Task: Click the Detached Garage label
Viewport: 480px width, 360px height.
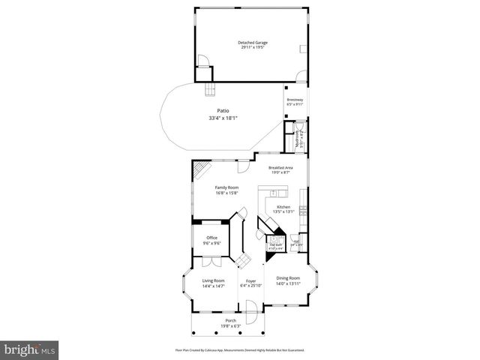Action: [x=252, y=43]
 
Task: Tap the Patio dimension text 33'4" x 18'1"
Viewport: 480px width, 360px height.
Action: [x=223, y=118]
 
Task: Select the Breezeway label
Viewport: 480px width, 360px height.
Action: [x=295, y=99]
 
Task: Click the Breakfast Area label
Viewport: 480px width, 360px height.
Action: [x=280, y=167]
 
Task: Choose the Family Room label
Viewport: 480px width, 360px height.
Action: [x=226, y=187]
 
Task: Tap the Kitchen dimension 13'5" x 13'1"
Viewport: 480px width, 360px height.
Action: [x=283, y=211]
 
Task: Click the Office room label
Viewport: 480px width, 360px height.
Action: [x=212, y=238]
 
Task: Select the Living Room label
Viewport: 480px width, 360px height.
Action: [x=214, y=280]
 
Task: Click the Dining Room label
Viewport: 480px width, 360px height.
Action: [x=288, y=278]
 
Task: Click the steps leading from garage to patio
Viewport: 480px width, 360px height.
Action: [x=209, y=91]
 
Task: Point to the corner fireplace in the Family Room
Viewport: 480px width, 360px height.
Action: [x=199, y=172]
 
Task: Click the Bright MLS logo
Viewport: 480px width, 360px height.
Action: [x=29, y=349]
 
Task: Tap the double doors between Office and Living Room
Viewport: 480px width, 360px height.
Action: [x=212, y=261]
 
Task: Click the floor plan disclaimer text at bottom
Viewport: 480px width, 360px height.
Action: [x=239, y=349]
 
